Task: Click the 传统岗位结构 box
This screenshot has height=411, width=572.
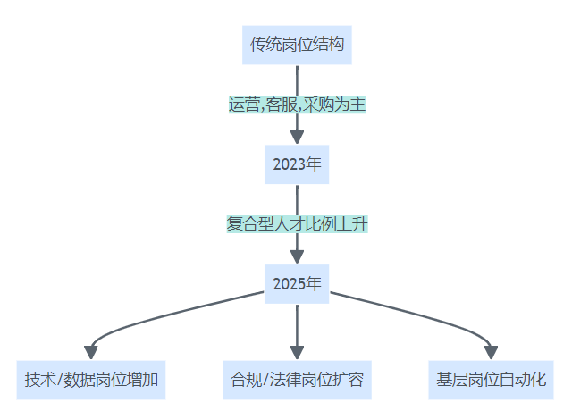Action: (297, 43)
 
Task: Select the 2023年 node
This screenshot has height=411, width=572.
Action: (297, 164)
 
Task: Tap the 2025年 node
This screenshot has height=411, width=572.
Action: (297, 285)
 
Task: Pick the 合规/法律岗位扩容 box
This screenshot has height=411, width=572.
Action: (297, 380)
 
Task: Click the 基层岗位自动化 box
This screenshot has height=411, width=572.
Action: (491, 380)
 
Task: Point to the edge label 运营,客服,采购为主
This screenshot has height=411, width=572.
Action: (297, 104)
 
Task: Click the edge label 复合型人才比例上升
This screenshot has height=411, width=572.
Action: (297, 224)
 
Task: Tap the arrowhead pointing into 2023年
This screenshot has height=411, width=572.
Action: (297, 138)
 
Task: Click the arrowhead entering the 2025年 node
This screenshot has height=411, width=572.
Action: (297, 258)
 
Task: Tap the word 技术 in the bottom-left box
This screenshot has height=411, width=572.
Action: (38, 380)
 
